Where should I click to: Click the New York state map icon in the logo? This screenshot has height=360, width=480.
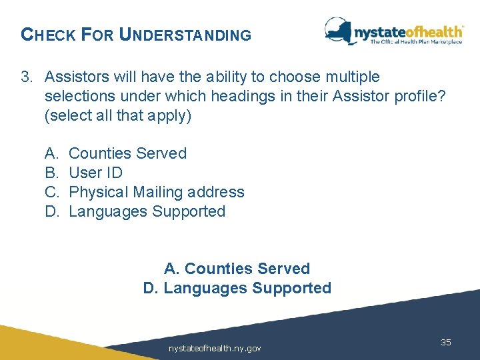click(339, 31)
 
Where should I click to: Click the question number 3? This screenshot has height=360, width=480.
click(25, 77)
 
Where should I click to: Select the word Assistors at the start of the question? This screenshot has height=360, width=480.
click(75, 77)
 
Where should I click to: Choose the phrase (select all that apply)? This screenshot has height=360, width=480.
click(118, 115)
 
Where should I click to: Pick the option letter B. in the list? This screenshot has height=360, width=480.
click(52, 173)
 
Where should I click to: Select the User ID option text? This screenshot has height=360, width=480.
click(96, 173)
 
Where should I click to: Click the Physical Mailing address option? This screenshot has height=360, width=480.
click(157, 192)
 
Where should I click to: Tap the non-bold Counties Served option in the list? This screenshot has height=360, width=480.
click(128, 153)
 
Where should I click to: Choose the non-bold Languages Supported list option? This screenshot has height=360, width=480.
click(147, 211)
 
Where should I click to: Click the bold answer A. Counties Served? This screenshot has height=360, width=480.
click(237, 269)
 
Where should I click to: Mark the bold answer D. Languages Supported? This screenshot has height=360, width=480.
click(237, 288)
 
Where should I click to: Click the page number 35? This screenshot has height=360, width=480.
click(446, 342)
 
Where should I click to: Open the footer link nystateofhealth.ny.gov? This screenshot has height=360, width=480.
click(215, 348)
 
